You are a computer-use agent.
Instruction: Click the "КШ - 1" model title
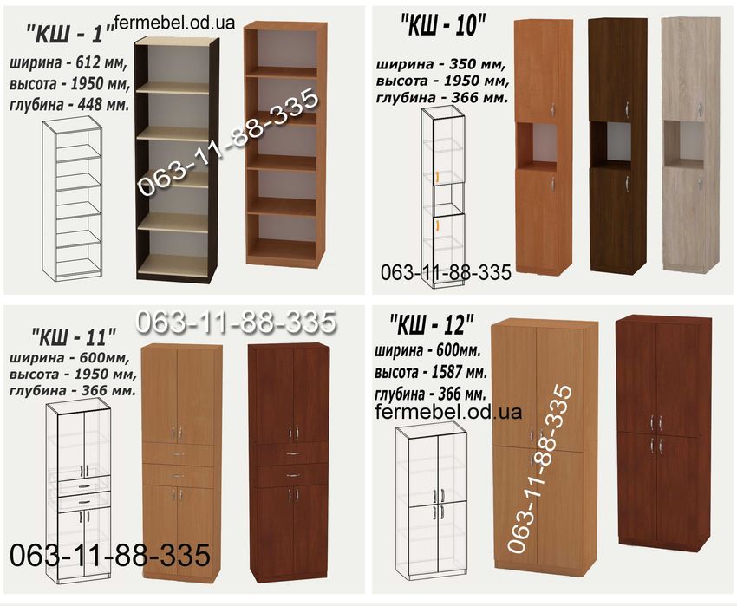pos(70,35)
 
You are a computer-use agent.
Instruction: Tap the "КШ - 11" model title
pos(74,337)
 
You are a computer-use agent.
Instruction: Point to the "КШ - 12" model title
pos(432,325)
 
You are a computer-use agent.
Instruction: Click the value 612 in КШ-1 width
pos(89,62)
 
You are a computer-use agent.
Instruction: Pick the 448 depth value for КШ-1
pos(91,104)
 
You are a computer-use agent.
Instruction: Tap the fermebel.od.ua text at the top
pos(174,22)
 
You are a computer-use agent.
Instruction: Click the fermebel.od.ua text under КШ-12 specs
pos(449,412)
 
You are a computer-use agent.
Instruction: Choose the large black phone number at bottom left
pos(110,555)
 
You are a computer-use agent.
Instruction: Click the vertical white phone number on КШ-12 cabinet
pos(540,469)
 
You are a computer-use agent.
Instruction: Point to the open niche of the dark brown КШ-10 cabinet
pos(610,143)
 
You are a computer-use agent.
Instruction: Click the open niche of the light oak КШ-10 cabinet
pos(684,143)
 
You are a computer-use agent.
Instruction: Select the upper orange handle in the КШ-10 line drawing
pos(437,176)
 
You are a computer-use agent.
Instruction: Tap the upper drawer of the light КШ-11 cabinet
pos(179,453)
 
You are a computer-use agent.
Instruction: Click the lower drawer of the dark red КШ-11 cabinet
pos(290,475)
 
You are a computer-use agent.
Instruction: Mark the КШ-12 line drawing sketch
pos(431,502)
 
